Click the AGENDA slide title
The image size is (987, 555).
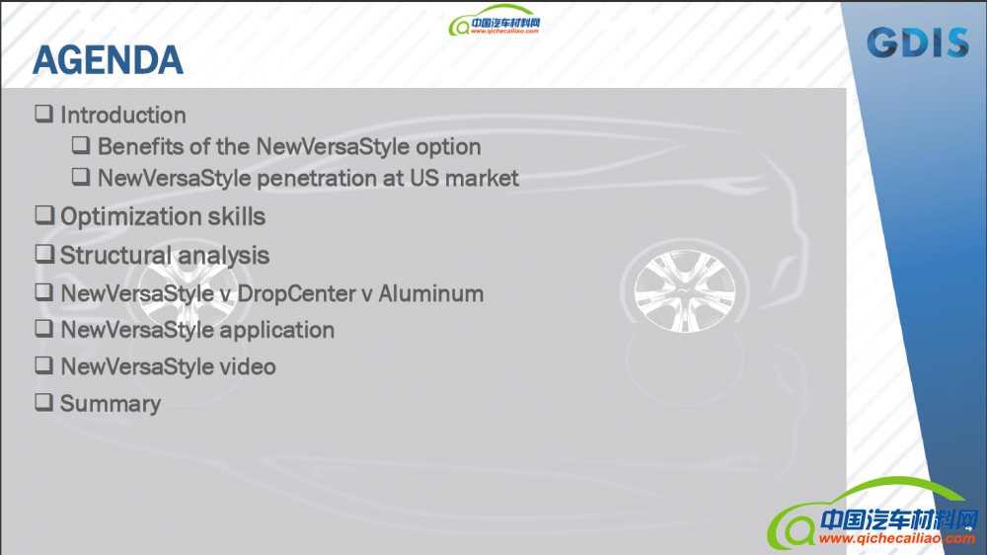[108, 60]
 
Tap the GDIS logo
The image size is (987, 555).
[918, 42]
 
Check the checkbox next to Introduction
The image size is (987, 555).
[44, 114]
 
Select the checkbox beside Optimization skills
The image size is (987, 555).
[44, 215]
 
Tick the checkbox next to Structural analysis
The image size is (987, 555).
[44, 254]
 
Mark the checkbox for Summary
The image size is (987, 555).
[44, 402]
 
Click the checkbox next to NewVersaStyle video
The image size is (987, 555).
[44, 364]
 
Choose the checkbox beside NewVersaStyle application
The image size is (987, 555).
[44, 328]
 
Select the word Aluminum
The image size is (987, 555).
[430, 293]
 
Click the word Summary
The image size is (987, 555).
[111, 404]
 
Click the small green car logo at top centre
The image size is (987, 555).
[494, 20]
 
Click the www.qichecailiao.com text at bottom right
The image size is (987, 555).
[896, 538]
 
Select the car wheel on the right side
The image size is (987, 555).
[684, 289]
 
